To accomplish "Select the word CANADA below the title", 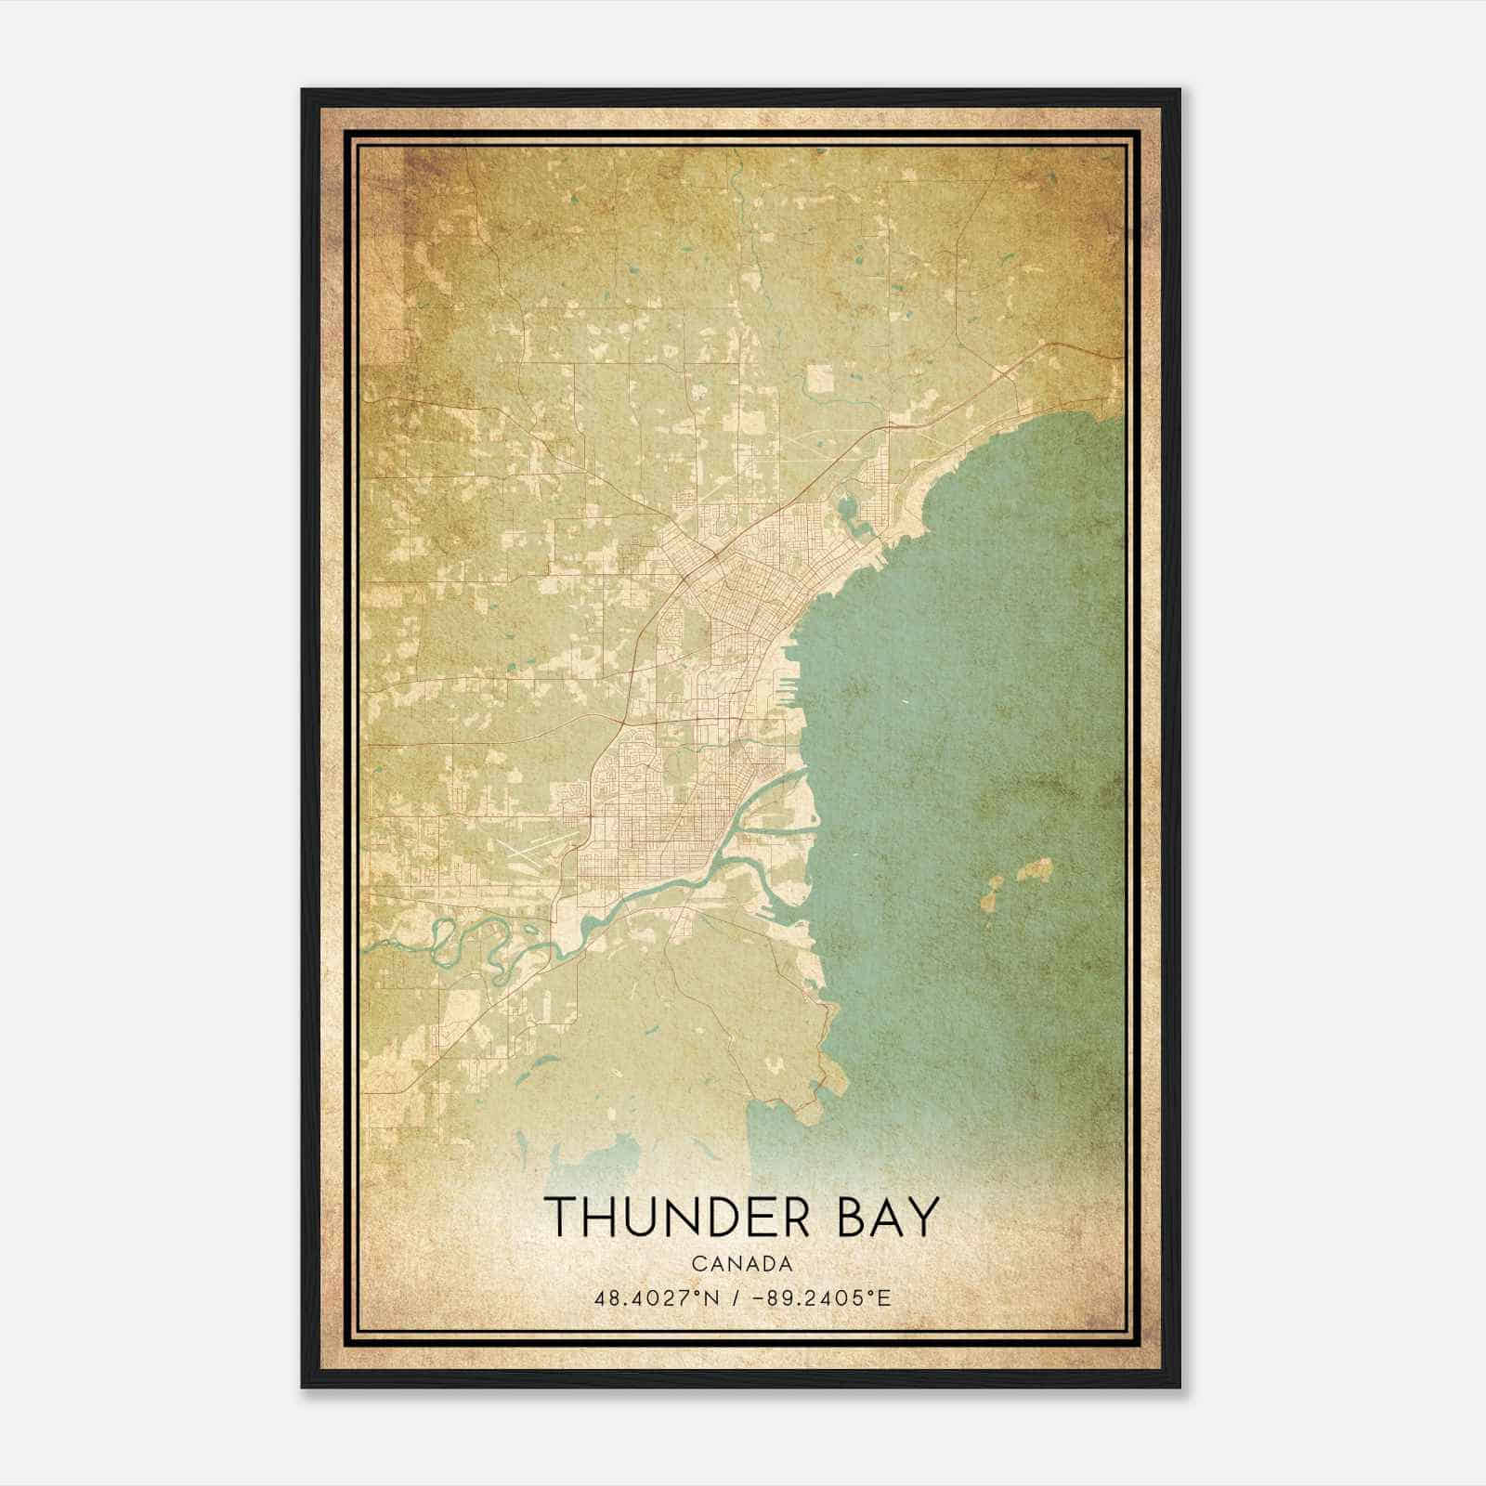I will (x=741, y=1263).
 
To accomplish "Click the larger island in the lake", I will (x=1034, y=871).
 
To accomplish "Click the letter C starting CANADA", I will (x=697, y=1263).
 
